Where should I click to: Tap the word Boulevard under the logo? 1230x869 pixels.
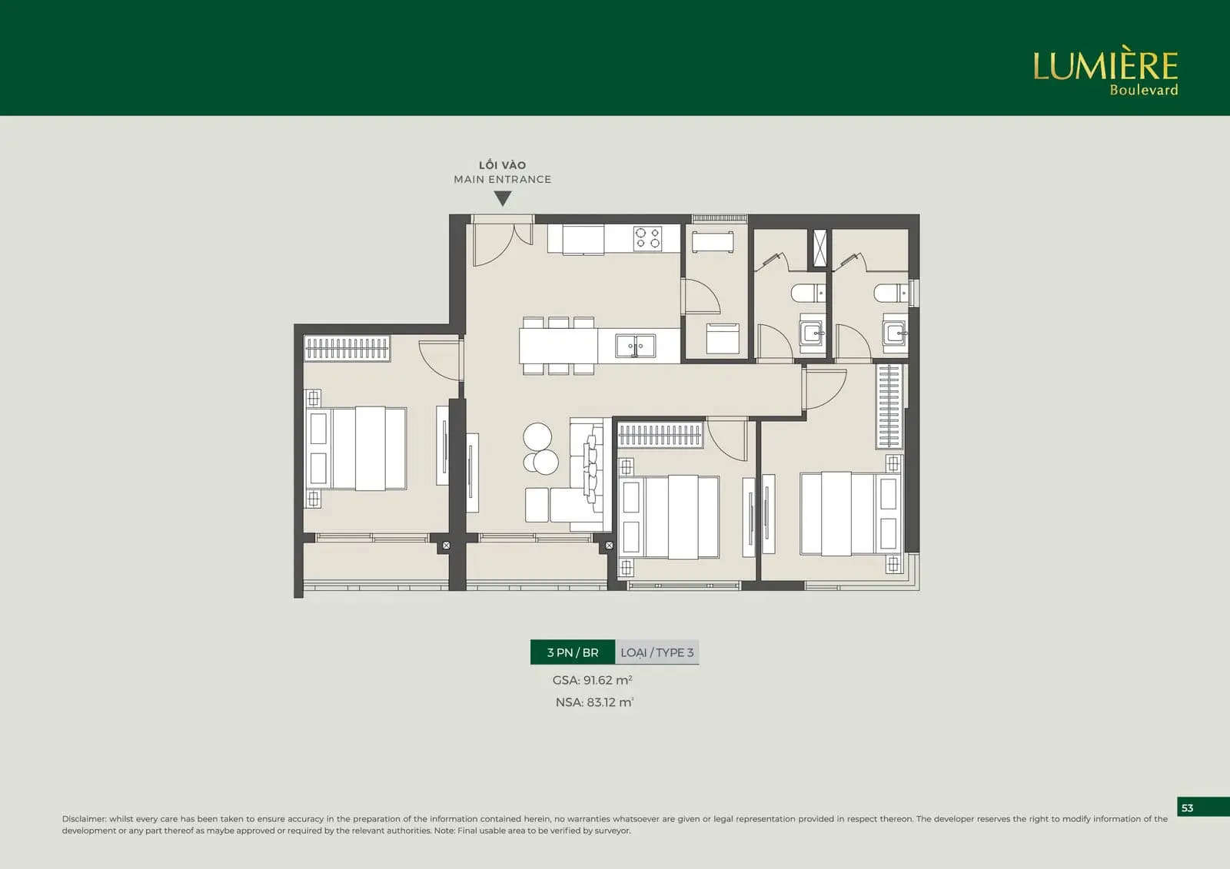1144,89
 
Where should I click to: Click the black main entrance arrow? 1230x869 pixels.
503,198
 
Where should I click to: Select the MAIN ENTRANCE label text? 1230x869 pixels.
503,180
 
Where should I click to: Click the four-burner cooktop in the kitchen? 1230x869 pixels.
648,239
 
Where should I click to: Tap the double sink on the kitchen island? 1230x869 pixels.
635,346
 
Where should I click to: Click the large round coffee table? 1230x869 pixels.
537,437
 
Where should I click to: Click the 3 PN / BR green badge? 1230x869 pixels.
573,652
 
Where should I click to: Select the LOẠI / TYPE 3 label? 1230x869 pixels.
657,652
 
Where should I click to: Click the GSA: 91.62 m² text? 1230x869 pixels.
593,680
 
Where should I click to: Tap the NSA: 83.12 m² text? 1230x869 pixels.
595,702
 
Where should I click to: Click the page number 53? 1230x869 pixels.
1187,808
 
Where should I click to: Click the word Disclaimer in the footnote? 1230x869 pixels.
84,818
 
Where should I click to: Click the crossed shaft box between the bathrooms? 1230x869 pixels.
819,248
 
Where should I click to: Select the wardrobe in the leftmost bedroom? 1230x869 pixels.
347,348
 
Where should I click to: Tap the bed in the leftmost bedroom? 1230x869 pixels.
357,448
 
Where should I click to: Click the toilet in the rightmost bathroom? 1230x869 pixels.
891,294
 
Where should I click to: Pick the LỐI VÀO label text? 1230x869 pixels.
503,164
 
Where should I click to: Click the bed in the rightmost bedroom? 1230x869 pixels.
850,513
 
